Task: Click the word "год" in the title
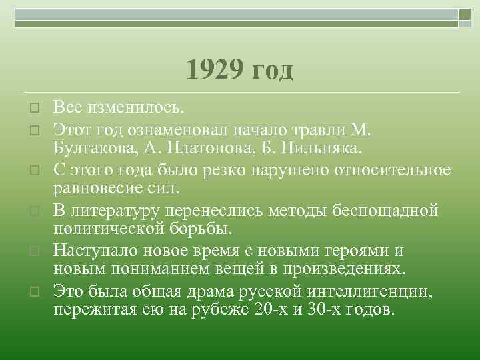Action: [271, 71]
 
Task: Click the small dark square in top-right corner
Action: [465, 13]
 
